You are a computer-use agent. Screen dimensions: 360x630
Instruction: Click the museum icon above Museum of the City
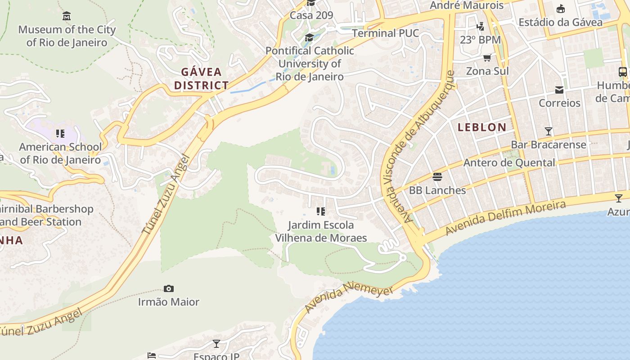point(67,16)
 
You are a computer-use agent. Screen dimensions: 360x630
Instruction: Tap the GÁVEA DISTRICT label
point(201,78)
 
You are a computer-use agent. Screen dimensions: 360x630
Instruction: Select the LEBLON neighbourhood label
point(482,127)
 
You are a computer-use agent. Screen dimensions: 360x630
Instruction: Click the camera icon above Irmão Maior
point(169,288)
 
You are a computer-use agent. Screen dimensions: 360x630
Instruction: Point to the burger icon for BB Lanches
point(437,176)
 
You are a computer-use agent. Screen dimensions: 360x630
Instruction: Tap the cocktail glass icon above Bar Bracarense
point(548,131)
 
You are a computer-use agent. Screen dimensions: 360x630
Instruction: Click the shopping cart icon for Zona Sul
point(487,58)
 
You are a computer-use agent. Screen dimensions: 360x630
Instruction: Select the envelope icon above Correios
point(559,90)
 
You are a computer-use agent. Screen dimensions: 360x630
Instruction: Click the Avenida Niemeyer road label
point(349,297)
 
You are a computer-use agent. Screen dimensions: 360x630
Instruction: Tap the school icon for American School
point(60,134)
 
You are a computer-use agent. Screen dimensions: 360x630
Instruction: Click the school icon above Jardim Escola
point(321,211)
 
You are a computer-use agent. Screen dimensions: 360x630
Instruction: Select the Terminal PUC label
point(385,33)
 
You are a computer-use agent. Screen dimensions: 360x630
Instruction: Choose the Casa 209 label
point(311,15)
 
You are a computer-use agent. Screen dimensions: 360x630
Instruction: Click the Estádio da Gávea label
point(560,22)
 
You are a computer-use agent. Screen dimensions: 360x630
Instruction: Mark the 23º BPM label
point(480,40)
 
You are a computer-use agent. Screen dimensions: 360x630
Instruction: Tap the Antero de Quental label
point(509,162)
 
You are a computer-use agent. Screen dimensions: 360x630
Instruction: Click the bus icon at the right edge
point(623,72)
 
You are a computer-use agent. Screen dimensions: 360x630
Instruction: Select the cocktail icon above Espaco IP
point(216,344)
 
